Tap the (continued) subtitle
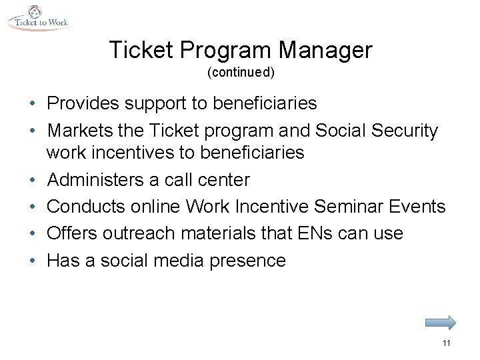tap(240, 71)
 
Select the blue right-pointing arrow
tap(441, 323)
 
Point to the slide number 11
tap(447, 343)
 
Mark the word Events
tap(416, 207)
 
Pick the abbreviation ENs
tap(329, 233)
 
